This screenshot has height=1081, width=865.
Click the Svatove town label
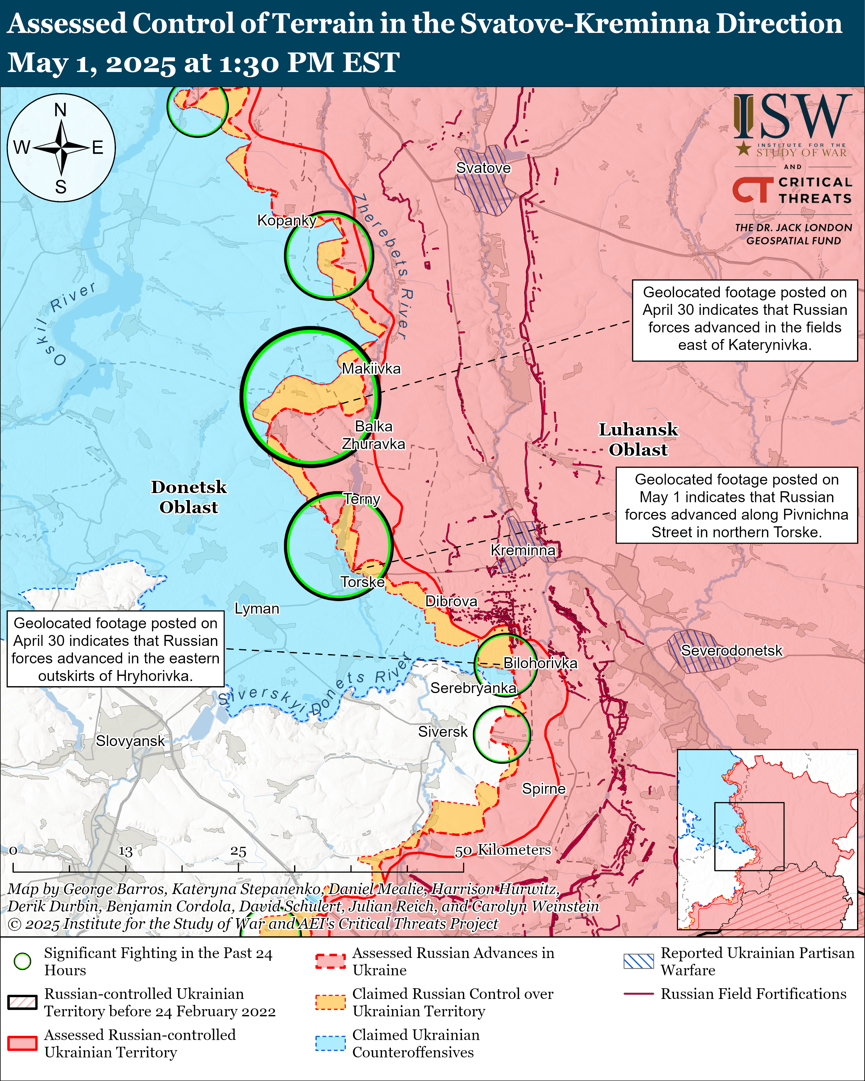click(x=483, y=168)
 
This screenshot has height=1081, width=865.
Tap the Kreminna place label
click(x=523, y=550)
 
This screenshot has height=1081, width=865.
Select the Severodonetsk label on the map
click(x=731, y=650)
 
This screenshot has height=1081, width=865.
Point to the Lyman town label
click(x=257, y=609)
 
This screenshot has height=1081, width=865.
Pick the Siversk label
click(x=443, y=732)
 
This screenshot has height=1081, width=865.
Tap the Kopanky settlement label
click(x=286, y=220)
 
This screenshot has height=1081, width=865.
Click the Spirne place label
click(x=544, y=789)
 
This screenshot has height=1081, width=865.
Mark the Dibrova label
click(x=451, y=601)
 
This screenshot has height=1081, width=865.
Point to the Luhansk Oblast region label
click(x=638, y=439)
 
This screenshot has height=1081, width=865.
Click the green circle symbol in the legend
click(x=23, y=961)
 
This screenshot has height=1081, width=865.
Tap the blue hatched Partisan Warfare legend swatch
click(x=638, y=961)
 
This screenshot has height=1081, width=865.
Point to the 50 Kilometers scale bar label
click(x=503, y=850)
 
